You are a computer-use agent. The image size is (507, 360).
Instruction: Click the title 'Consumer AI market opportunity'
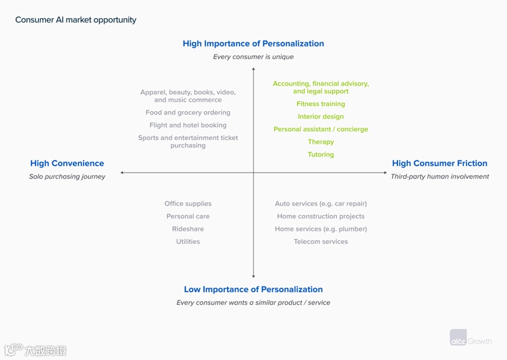75,20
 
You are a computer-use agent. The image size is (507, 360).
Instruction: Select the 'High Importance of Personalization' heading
253,44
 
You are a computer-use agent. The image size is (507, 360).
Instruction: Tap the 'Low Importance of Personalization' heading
253,289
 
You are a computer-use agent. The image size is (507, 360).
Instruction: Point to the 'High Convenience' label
67,163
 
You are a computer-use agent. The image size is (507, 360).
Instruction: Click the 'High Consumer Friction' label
440,163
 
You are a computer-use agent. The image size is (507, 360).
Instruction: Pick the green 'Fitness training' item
320,104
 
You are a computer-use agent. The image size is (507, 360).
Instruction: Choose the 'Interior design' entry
320,116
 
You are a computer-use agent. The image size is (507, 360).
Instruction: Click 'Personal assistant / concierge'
320,129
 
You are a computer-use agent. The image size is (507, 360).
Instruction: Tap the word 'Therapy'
320,142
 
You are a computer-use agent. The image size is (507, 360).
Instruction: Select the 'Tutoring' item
320,155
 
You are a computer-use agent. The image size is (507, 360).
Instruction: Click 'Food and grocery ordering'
188,113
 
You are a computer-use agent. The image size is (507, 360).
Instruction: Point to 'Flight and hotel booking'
188,125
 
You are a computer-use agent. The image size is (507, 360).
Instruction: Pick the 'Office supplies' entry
188,204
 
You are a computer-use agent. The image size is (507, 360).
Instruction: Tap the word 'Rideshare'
188,229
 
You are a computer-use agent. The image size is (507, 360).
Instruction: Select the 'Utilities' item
188,241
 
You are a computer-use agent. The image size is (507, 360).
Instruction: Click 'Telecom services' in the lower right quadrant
320,241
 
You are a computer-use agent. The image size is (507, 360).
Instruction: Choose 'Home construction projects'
320,216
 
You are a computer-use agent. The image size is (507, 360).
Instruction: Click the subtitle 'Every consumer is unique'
253,57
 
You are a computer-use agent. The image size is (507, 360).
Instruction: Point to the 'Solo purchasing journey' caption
67,177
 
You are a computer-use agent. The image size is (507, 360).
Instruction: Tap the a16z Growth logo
470,340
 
